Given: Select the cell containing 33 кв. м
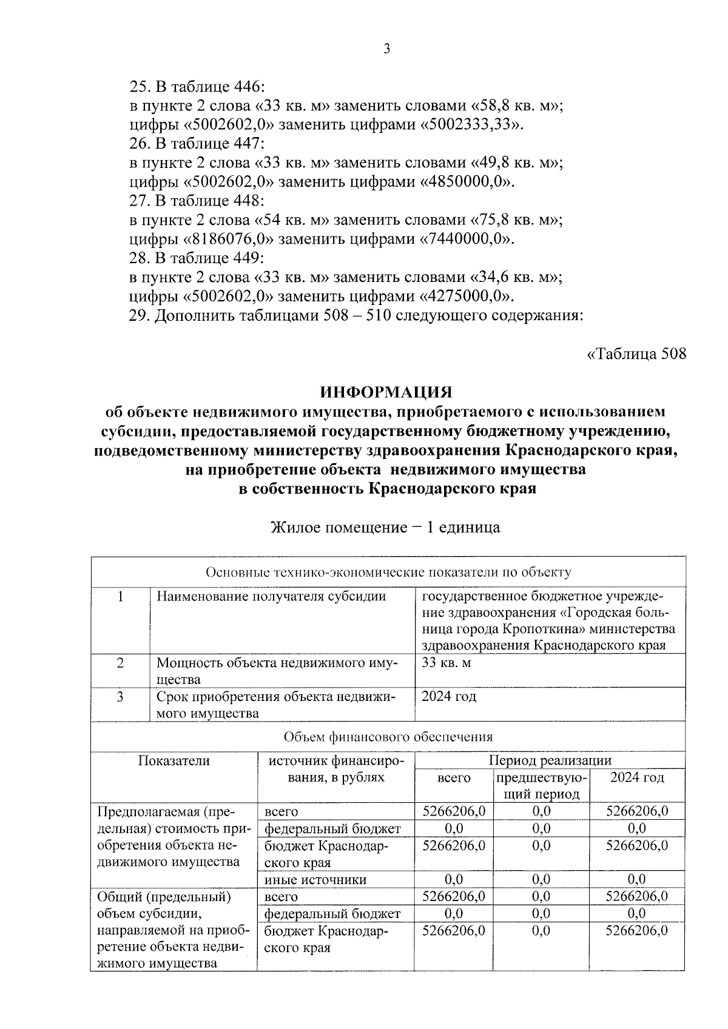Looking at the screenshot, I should point(447,663).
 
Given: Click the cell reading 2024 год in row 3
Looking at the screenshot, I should point(449,697).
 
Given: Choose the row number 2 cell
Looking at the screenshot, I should point(120,663).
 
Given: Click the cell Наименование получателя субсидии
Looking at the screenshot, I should point(271,597).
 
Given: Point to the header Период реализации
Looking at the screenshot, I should point(550,760).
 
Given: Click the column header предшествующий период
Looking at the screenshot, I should point(541,786).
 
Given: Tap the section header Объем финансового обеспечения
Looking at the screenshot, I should point(388,737).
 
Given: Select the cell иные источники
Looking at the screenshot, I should point(315,879).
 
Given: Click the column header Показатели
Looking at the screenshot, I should point(174,760).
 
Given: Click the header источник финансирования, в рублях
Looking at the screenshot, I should point(335,769).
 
